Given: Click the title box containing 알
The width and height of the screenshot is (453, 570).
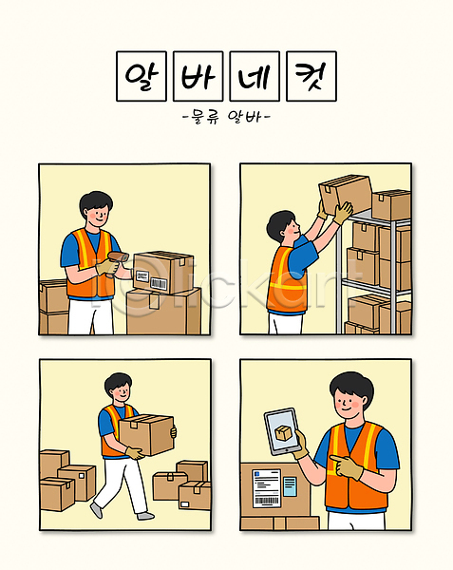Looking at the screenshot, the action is click(142, 76).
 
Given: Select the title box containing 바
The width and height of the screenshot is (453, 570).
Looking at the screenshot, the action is click(198, 76).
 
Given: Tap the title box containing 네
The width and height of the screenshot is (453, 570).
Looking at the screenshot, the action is click(255, 76).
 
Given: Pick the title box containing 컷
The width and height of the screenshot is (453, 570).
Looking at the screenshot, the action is click(311, 76).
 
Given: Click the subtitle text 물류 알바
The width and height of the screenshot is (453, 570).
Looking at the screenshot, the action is click(226, 117).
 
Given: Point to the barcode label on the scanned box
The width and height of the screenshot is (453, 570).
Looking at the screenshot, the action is click(159, 283).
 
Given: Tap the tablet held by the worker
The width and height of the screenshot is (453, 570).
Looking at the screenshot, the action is click(282, 431).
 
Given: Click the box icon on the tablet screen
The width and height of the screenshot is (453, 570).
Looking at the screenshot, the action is click(283, 432).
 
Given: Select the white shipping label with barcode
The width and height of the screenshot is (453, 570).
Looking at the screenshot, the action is click(267, 488).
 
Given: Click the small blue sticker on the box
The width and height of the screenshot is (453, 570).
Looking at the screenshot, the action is click(290, 486).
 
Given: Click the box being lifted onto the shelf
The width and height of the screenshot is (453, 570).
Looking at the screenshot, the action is click(345, 194).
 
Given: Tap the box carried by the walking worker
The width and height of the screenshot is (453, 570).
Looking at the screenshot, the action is click(146, 434).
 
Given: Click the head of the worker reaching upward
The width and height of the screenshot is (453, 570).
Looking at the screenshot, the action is click(283, 227).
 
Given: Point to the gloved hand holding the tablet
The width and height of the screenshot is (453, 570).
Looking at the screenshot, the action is click(301, 445).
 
